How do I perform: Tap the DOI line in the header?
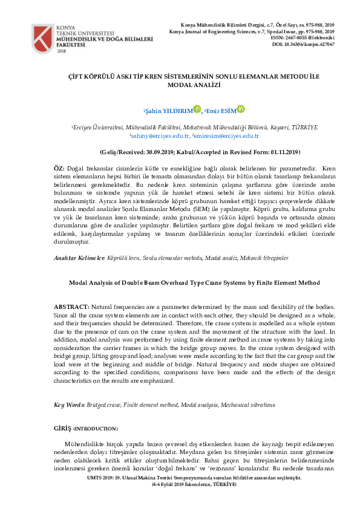coord(303,45)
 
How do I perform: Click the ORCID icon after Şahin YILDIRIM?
coord(197,109)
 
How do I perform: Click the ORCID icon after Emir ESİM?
coord(240,109)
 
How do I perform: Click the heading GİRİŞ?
coord(62,429)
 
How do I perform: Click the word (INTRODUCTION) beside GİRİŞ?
coord(96,429)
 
